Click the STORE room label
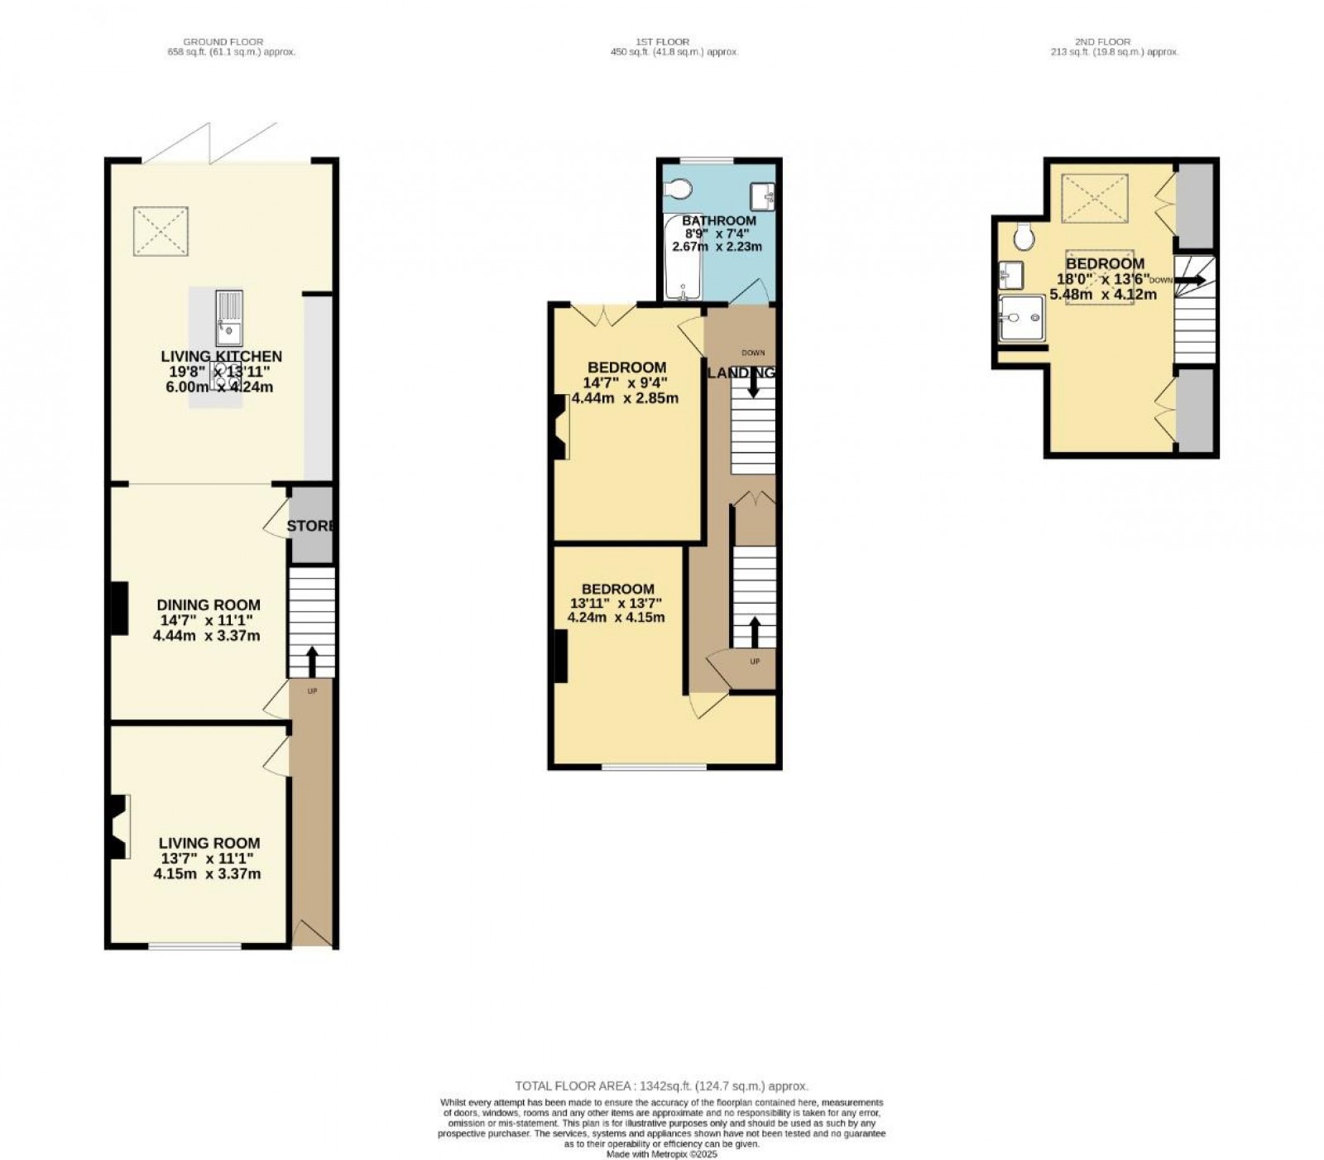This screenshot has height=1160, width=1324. click(312, 526)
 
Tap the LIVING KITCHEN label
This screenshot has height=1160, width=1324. click(221, 356)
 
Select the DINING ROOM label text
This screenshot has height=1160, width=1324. click(209, 605)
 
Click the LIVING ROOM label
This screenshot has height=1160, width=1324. click(209, 843)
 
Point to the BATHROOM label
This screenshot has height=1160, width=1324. click(718, 220)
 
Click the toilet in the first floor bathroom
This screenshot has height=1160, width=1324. click(678, 190)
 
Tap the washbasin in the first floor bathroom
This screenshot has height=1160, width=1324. click(762, 197)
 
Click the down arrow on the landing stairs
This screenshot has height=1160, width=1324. click(752, 385)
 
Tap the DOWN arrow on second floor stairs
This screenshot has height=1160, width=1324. click(1191, 281)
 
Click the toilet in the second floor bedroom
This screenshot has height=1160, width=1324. click(1024, 237)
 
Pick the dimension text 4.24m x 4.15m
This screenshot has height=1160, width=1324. click(616, 617)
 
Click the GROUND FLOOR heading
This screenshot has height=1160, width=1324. click(223, 41)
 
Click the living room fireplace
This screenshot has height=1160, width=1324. click(117, 825)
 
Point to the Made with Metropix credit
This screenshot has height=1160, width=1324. click(661, 1153)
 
